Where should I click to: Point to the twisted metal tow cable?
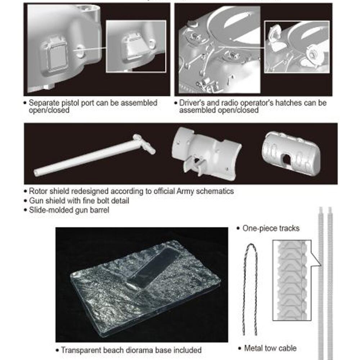click(x=250, y=289)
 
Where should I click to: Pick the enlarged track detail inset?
click(x=292, y=280)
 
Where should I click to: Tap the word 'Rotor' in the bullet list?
click(x=38, y=191)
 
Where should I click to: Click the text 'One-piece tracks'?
click(x=271, y=228)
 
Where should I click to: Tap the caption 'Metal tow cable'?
click(x=270, y=348)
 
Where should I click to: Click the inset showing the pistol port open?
click(x=136, y=46)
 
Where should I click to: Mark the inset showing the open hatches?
click(x=297, y=47)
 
